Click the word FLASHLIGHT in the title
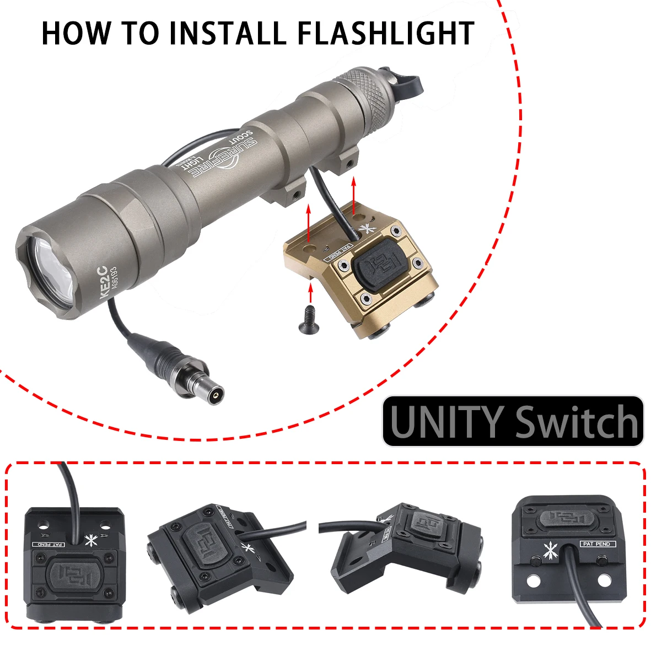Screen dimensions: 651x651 (386, 33)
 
